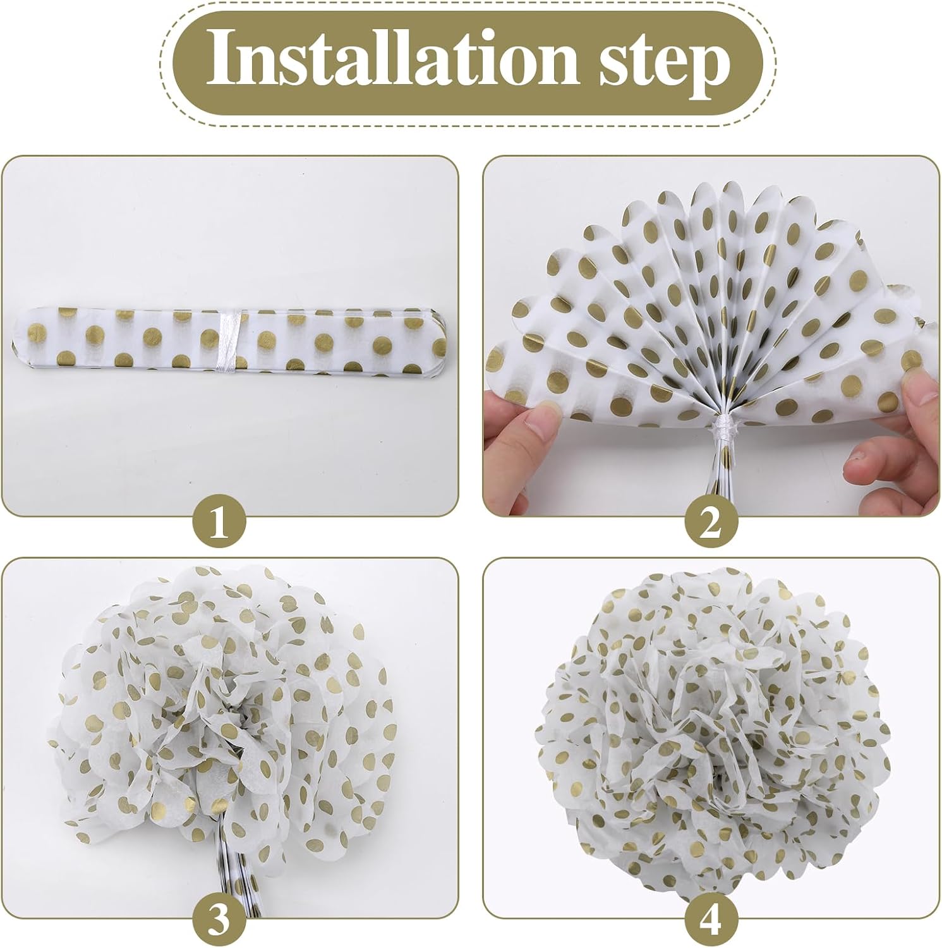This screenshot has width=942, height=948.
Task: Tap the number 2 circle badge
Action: tap(711, 523)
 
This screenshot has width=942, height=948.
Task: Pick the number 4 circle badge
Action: tap(711, 919)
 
